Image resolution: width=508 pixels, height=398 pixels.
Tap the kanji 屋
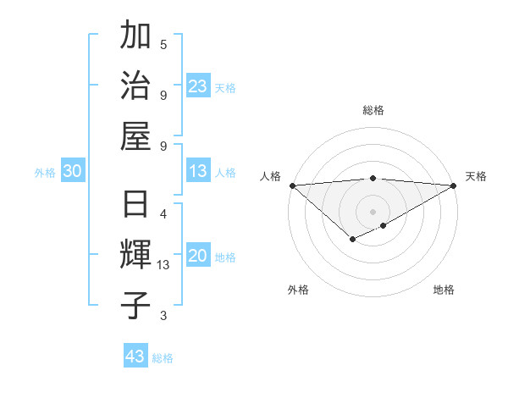(136, 136)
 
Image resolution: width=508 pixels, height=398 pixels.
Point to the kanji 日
(136, 204)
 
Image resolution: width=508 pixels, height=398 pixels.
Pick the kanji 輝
(136, 254)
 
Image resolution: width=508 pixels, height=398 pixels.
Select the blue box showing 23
(198, 86)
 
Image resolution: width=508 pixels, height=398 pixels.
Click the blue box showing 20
(198, 257)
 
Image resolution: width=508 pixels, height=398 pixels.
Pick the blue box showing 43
(135, 357)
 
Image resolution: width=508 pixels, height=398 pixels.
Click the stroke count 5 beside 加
(163, 44)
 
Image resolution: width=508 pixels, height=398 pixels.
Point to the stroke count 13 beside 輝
(163, 265)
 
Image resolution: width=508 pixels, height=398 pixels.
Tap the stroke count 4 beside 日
(163, 213)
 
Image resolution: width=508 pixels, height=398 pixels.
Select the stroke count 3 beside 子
(163, 316)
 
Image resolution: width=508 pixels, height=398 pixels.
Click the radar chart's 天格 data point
(454, 185)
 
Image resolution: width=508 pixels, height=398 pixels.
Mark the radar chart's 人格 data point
(292, 185)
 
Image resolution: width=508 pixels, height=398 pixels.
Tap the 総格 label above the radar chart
(373, 110)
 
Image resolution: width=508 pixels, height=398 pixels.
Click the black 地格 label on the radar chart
(444, 290)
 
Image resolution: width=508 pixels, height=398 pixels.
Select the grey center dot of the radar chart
(373, 211)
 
